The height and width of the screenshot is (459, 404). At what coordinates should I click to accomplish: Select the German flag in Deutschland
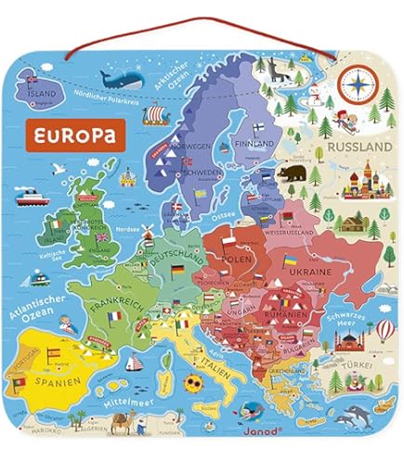tap(176, 269)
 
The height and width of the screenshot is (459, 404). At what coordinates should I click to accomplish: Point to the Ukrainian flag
tap(290, 263)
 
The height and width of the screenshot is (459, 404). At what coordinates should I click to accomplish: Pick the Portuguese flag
tap(16, 380)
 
